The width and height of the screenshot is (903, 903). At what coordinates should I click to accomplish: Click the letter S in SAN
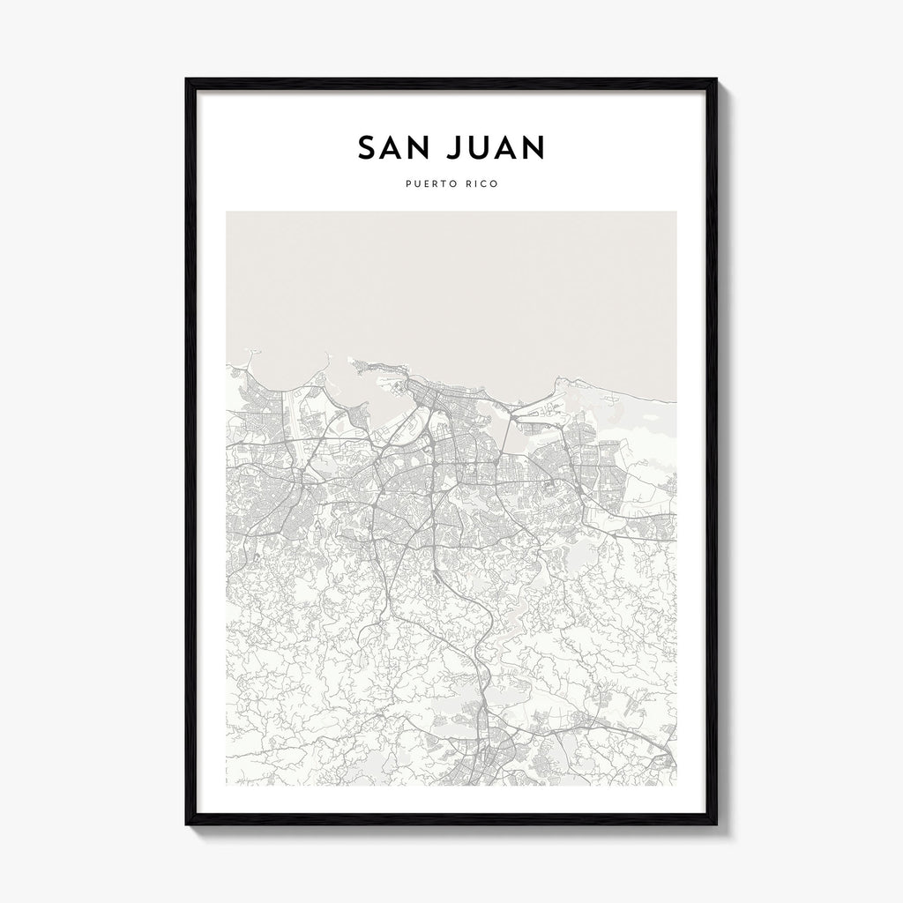coord(366,147)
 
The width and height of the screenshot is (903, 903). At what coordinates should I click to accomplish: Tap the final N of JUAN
coord(532,147)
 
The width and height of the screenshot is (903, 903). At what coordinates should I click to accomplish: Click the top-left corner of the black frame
coord(186,79)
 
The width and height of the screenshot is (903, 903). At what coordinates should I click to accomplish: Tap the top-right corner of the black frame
coord(716,79)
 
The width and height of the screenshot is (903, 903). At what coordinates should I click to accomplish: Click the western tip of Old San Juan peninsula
coord(352,360)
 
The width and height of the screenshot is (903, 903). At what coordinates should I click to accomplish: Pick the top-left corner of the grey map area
coord(227,212)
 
